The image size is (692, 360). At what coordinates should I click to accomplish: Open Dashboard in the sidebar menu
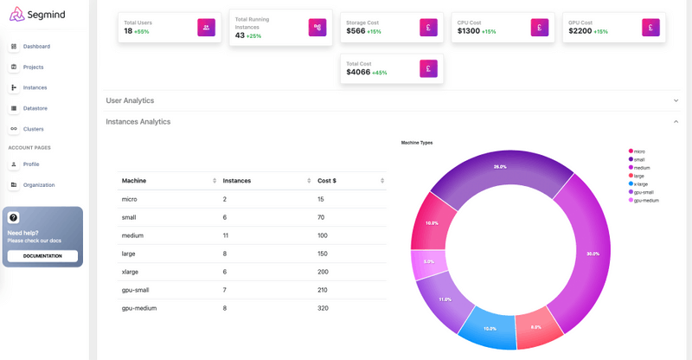pyautogui.click(x=36, y=46)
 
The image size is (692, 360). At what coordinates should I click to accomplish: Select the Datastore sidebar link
pyautogui.click(x=35, y=108)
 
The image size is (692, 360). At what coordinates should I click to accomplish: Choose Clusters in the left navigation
pyautogui.click(x=34, y=129)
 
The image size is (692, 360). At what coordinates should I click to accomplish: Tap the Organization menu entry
pyautogui.click(x=39, y=184)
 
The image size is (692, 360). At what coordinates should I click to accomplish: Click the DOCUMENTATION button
pyautogui.click(x=42, y=256)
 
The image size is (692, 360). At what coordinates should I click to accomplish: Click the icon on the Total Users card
pyautogui.click(x=206, y=28)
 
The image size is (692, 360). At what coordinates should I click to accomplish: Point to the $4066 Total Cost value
pyautogui.click(x=358, y=72)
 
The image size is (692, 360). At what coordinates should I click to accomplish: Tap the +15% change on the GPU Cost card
pyautogui.click(x=600, y=31)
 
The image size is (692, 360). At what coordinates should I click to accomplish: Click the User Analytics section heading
pyautogui.click(x=130, y=100)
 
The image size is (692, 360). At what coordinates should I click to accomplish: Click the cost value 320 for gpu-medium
pyautogui.click(x=324, y=308)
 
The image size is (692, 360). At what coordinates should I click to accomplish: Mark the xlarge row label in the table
pyautogui.click(x=131, y=272)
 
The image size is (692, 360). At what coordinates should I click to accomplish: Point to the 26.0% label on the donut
pyautogui.click(x=500, y=166)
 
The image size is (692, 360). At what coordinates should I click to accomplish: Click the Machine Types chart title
pyautogui.click(x=417, y=142)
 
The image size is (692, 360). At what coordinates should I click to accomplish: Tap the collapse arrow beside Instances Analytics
pyautogui.click(x=676, y=122)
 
